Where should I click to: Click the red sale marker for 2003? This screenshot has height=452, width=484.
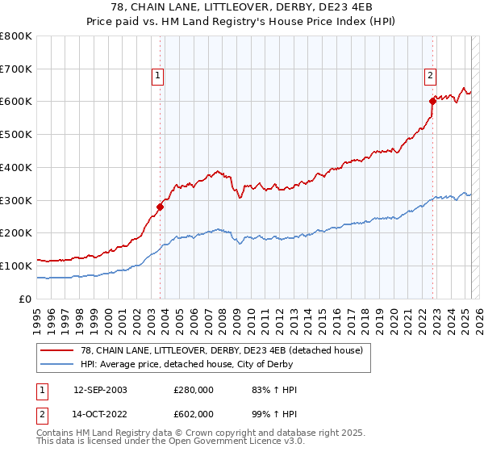coord(161,207)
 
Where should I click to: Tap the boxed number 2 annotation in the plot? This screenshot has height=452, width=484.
coord(430,76)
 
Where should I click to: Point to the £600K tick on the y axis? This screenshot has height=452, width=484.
coord(17,102)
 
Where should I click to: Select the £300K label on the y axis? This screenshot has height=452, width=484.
coord(17,200)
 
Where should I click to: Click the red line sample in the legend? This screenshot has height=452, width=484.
coord(56,350)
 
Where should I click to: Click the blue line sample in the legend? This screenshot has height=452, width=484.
coord(56,364)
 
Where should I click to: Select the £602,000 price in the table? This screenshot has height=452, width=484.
coord(193,412)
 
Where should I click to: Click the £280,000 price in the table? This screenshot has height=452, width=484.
coord(193,390)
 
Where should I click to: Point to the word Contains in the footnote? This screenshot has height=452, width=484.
coord(56,434)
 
